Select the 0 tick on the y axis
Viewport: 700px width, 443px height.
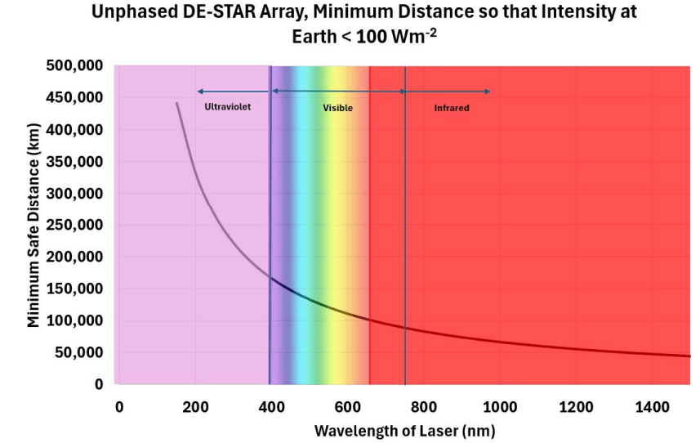pos(99,384)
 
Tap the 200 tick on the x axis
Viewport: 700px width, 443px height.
pos(195,406)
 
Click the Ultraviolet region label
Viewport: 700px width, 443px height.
pos(228,106)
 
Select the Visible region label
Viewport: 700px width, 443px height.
pos(337,107)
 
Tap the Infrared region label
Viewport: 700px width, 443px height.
pos(452,107)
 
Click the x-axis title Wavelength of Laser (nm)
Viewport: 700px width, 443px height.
pos(404,430)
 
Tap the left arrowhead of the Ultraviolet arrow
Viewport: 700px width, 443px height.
pos(198,91)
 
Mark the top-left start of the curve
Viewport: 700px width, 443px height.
pos(177,103)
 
